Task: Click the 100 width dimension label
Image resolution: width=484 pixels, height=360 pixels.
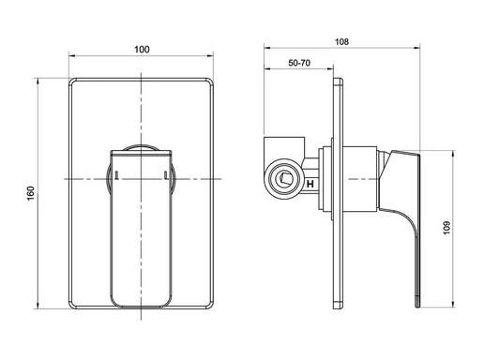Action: (142, 50)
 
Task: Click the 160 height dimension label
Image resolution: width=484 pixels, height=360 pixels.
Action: (31, 193)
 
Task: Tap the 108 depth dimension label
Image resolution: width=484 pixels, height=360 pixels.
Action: (341, 41)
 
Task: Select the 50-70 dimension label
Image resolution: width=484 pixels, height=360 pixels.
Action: (299, 63)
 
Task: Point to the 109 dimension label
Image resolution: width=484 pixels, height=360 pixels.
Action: (446, 228)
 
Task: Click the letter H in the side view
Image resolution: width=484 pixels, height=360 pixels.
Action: (310, 184)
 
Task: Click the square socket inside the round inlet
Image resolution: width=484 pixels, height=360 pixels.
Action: (285, 179)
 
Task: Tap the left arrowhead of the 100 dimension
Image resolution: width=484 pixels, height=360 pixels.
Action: (72, 56)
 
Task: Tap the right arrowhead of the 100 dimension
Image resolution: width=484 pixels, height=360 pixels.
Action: (210, 56)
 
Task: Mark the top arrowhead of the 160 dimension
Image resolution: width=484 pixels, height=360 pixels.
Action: (38, 82)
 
